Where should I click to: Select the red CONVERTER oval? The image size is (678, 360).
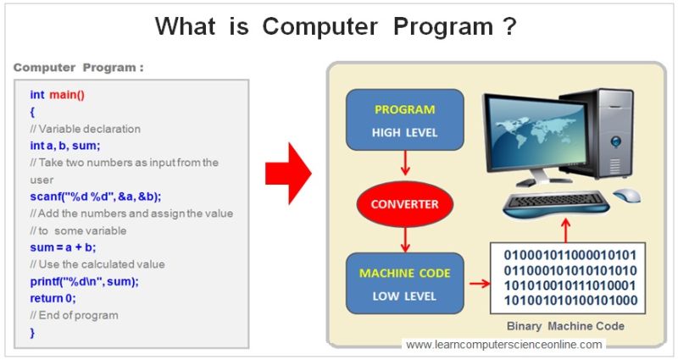[404, 204]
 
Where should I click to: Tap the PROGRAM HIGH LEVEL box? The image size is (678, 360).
[404, 121]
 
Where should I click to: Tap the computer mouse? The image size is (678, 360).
[627, 196]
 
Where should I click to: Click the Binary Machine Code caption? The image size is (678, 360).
[565, 326]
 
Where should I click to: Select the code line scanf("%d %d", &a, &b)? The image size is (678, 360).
[95, 196]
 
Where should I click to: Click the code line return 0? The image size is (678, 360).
[53, 298]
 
